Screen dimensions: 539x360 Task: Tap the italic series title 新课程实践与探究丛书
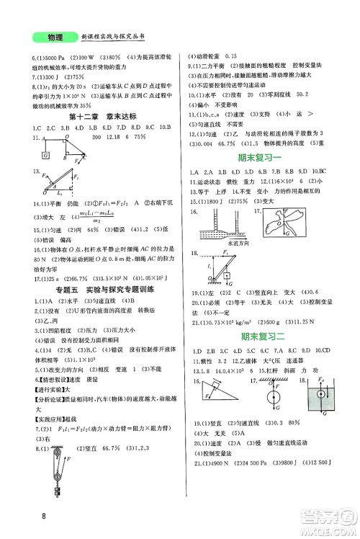115,37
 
